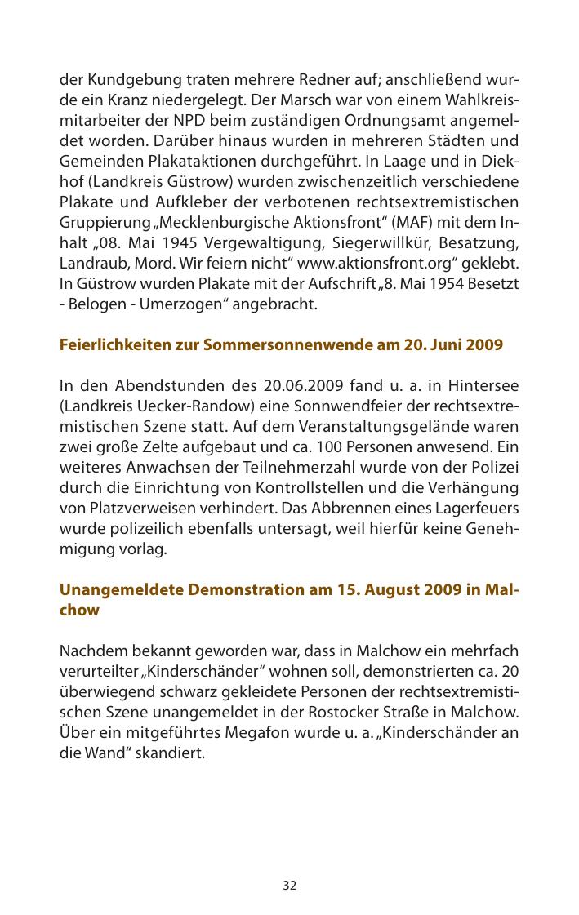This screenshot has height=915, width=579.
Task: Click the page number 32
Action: click(x=290, y=886)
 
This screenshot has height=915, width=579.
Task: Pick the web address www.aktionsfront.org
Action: click(x=367, y=264)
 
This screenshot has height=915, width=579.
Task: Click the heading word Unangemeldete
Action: click(x=121, y=589)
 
